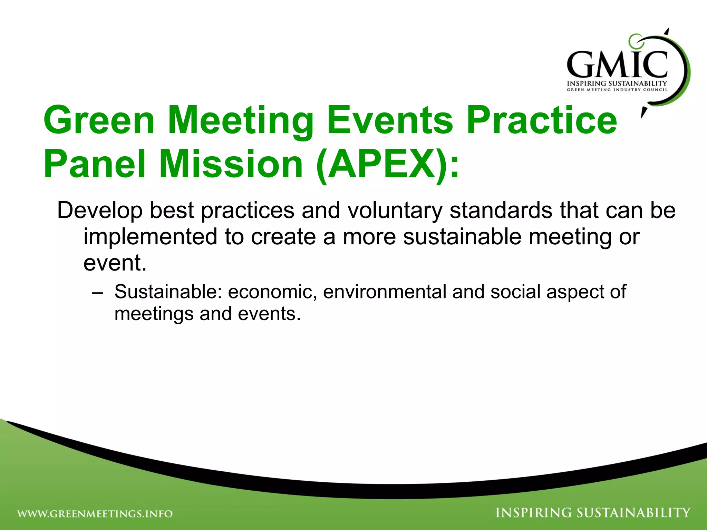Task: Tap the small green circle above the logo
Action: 635,41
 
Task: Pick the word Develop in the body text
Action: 100,210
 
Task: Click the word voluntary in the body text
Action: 395,210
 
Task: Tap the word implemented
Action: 150,237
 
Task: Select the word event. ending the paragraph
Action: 115,263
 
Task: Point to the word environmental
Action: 385,292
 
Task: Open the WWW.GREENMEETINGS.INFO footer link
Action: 95,514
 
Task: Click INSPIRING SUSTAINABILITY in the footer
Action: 593,513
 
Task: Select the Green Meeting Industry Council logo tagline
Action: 617,90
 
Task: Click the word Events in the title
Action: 390,120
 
